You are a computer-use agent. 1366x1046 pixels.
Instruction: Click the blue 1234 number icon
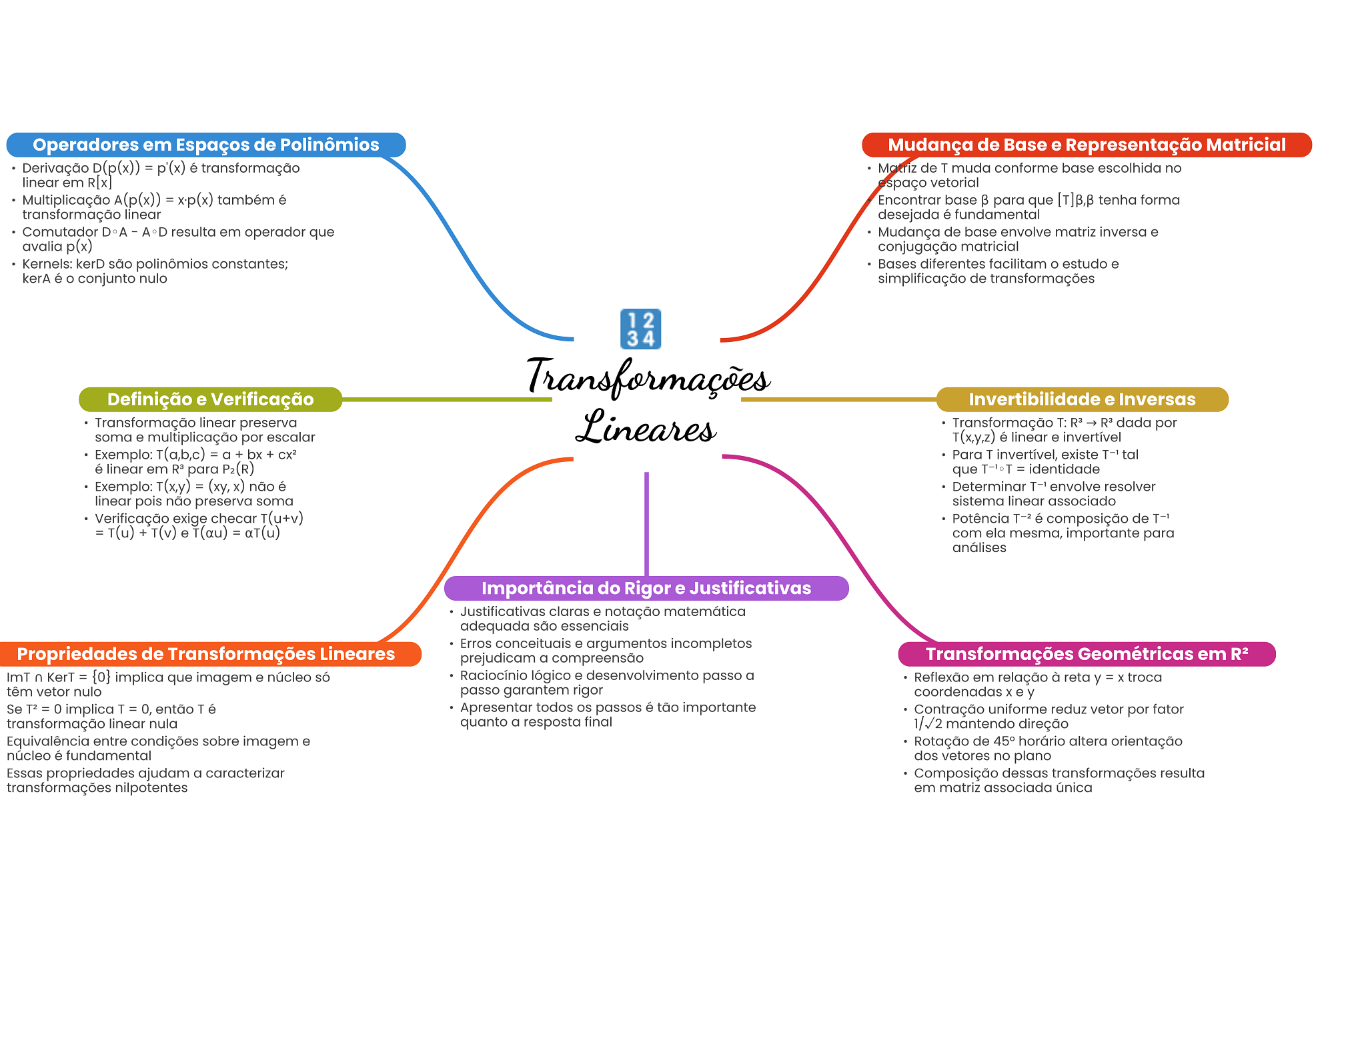640,329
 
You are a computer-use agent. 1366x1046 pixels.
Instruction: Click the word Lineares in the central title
646,427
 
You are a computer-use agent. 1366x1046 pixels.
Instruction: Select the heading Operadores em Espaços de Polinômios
206,145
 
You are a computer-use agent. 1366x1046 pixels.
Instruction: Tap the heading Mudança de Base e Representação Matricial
1087,145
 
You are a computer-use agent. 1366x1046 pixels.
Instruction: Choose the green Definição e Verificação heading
211,399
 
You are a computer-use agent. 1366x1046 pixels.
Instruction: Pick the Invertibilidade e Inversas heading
1082,399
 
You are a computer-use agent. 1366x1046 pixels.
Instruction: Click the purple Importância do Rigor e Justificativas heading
646,588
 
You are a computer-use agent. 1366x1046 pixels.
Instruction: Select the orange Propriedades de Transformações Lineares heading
206,654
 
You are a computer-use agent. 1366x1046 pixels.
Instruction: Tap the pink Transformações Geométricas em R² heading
1087,654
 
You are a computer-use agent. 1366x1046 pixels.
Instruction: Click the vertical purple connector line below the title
646,524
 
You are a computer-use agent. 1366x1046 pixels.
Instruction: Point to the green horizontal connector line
447,399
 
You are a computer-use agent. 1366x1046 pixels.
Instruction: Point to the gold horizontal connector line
838,399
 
